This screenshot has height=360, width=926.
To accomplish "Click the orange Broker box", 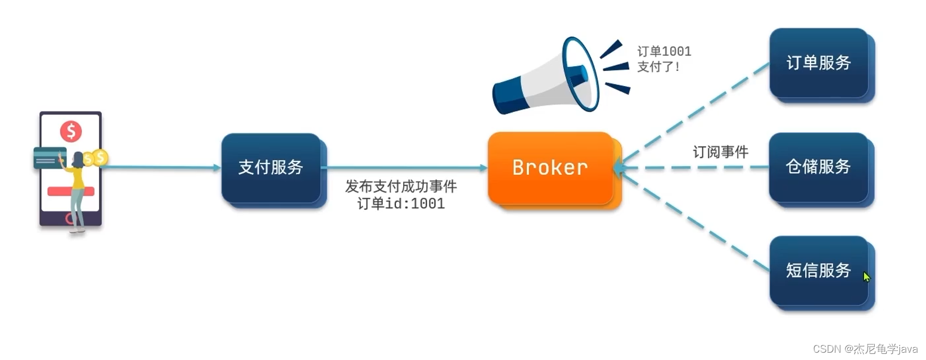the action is click(x=550, y=168).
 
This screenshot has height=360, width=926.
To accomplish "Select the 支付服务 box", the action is click(x=271, y=167).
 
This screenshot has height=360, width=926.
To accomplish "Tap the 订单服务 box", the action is click(x=819, y=62).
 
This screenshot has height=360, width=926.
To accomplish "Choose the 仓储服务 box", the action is click(x=819, y=167).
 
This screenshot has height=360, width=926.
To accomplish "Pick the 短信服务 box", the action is click(x=819, y=271).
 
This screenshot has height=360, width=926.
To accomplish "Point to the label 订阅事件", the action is click(x=720, y=152).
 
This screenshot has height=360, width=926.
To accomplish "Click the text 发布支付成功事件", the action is click(x=401, y=186).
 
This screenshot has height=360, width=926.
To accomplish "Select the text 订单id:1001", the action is click(x=401, y=204).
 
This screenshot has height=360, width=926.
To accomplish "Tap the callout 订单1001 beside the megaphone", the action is click(x=664, y=52).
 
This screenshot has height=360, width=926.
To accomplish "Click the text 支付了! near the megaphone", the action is click(x=658, y=67).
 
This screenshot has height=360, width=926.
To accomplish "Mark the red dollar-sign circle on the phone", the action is click(x=71, y=132).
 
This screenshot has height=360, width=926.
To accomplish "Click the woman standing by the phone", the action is click(x=78, y=188).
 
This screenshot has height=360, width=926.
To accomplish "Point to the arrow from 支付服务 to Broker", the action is click(x=405, y=168).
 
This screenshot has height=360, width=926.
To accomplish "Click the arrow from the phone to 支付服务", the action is click(x=163, y=167).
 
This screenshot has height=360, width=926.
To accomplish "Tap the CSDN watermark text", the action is click(x=865, y=349).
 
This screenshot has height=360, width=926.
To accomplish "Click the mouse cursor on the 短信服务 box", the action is click(x=866, y=277).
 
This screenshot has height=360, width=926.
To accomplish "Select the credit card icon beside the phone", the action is click(x=49, y=158).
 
